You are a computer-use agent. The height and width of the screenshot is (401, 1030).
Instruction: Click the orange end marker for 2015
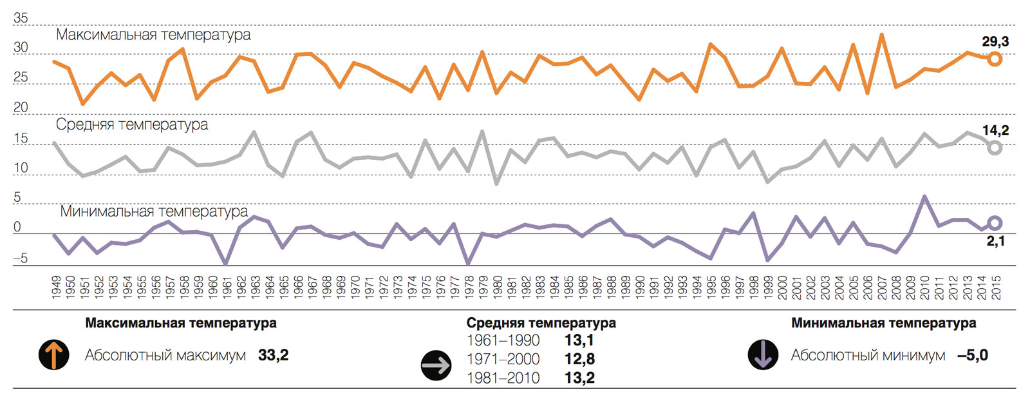point(995,59)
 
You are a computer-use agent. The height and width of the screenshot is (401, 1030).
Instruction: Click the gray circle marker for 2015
point(995,148)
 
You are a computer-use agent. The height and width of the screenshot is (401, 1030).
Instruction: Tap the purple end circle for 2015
point(995,223)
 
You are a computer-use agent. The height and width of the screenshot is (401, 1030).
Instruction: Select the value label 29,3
point(995,42)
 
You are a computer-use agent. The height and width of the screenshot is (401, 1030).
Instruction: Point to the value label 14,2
point(995,130)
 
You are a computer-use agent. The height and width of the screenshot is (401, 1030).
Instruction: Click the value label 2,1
point(995,241)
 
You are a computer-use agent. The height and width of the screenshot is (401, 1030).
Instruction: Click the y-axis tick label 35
point(21,18)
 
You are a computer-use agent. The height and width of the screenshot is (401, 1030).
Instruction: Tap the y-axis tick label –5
point(21,258)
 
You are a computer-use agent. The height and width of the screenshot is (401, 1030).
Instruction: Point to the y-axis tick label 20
point(21,107)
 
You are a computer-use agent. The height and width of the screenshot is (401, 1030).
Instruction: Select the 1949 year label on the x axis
point(56,287)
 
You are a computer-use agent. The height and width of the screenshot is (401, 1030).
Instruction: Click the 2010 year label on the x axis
point(924,287)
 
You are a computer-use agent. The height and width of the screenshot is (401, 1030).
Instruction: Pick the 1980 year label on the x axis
point(498,287)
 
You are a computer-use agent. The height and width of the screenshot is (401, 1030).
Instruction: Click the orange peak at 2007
point(881,35)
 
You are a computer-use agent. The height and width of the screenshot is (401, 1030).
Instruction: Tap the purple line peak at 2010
point(924,196)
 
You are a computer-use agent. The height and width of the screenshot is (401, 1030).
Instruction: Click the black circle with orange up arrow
point(54,355)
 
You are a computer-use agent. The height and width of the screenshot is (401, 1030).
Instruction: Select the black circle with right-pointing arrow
point(436,366)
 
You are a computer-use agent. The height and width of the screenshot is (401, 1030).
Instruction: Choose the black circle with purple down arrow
point(763,355)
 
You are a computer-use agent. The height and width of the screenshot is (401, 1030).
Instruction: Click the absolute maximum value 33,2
point(273,355)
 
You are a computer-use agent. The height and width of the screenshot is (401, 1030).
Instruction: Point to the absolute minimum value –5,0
point(972,355)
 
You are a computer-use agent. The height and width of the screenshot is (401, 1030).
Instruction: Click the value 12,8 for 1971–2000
point(579,359)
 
